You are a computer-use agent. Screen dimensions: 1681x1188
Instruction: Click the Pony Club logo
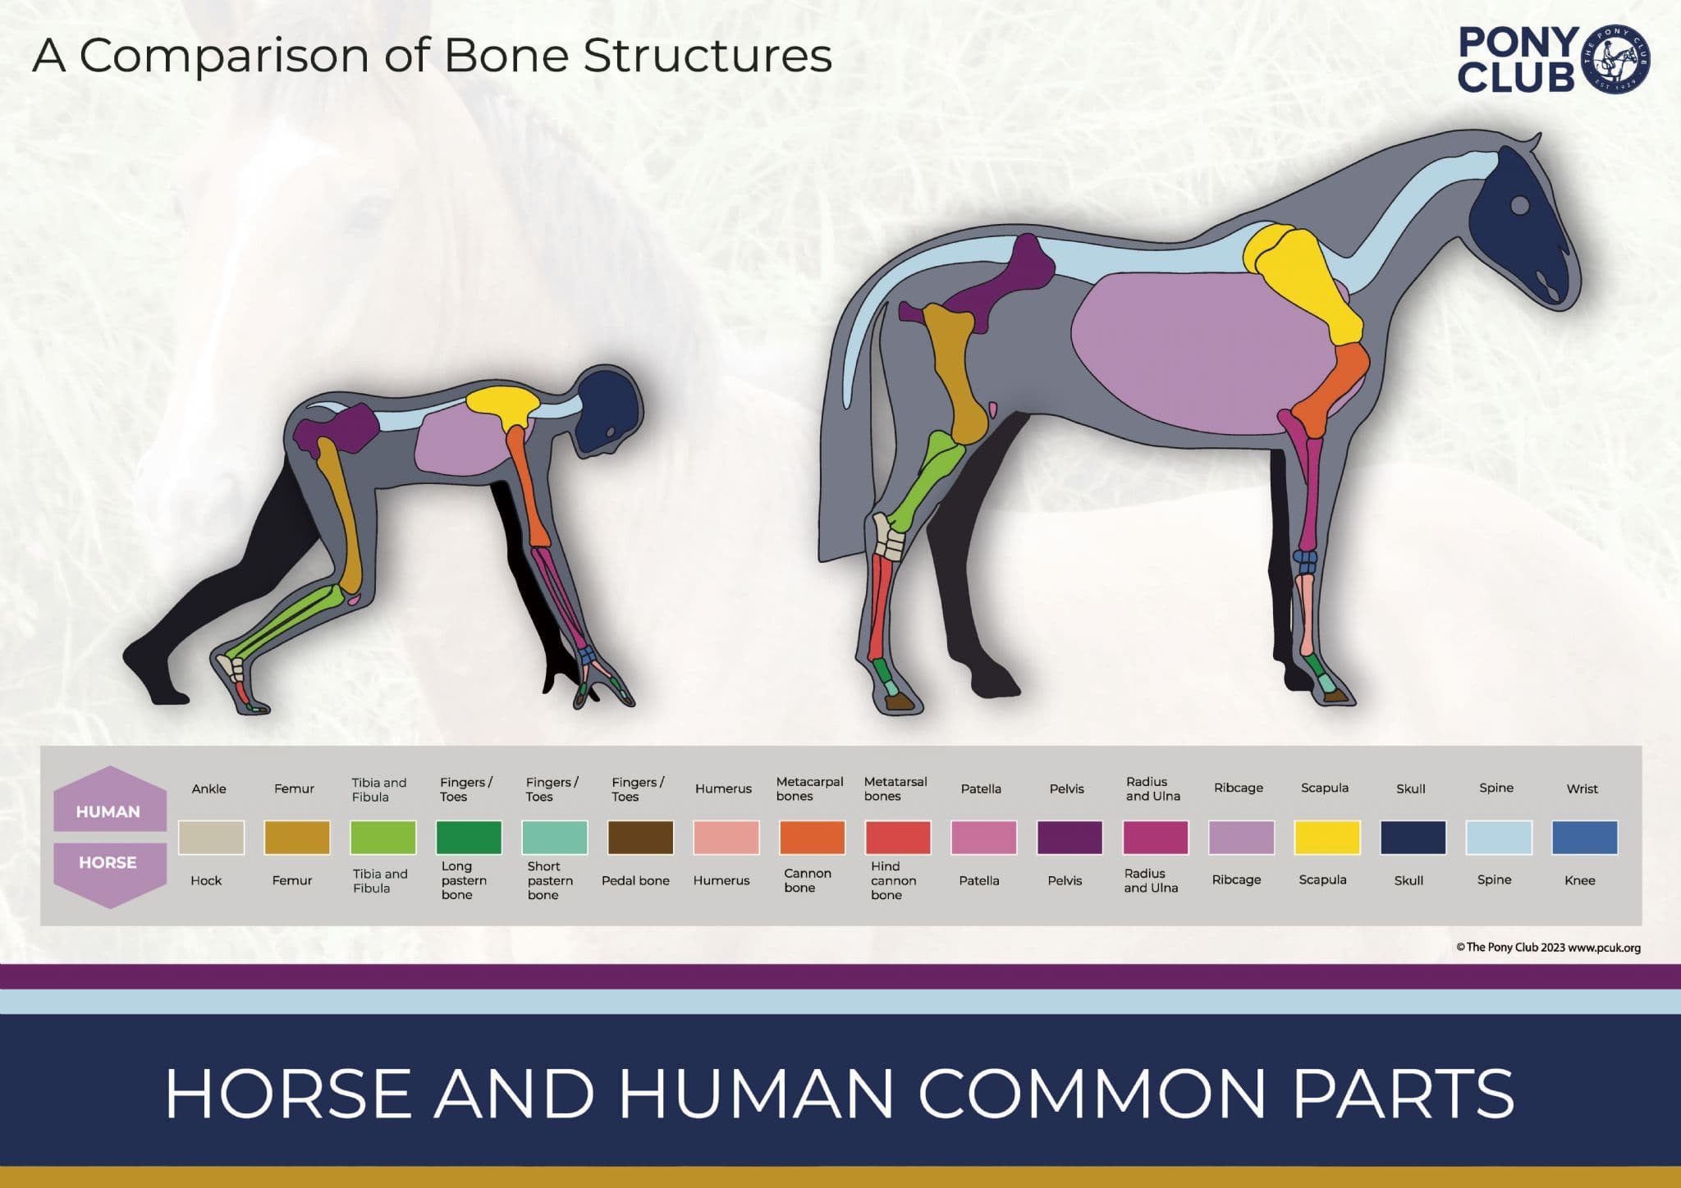[1554, 59]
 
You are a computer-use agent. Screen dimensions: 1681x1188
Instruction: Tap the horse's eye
[1519, 204]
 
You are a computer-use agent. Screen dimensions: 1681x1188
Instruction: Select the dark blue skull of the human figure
[609, 410]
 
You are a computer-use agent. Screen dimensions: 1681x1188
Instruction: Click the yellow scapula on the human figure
[504, 405]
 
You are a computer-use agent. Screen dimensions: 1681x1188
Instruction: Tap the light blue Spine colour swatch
[1498, 838]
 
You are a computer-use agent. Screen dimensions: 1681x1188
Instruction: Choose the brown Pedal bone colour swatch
[640, 838]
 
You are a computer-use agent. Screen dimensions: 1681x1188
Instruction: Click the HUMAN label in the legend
[108, 811]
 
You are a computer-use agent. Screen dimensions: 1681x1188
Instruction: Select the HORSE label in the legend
[108, 862]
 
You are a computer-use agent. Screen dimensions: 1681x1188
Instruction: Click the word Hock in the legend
[206, 880]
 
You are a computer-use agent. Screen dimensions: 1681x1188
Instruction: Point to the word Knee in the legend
[1579, 880]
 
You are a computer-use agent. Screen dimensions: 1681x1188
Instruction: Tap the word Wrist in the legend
[1582, 788]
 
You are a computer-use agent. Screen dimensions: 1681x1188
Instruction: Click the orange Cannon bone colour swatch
[812, 838]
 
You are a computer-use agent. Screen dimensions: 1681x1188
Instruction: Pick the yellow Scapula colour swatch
[1326, 838]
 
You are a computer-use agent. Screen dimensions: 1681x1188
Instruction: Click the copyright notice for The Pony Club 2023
[1548, 948]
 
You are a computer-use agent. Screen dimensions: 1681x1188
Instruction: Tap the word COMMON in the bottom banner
[1092, 1093]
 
